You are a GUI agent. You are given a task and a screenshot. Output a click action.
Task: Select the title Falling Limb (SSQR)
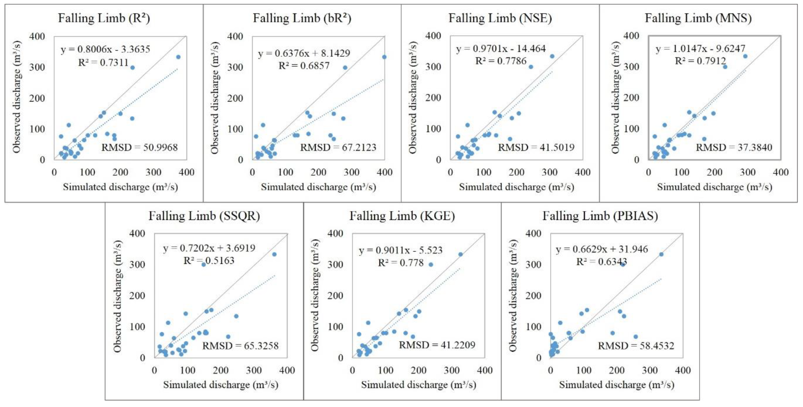[x=204, y=216]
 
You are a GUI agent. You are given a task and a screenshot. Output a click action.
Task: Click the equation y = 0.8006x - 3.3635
[x=105, y=49]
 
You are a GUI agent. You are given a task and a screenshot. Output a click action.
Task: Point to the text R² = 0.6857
[x=304, y=66]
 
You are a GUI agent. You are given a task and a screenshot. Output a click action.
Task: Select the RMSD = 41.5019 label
[x=536, y=147]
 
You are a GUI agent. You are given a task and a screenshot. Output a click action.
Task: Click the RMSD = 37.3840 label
[x=734, y=147]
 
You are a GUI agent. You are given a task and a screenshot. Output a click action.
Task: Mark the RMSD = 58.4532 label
[x=636, y=346]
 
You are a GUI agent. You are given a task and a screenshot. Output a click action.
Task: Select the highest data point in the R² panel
[x=178, y=57]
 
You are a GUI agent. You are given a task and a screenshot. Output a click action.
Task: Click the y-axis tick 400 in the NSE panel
[x=433, y=36]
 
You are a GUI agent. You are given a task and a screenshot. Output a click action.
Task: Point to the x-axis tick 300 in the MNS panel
[x=747, y=172]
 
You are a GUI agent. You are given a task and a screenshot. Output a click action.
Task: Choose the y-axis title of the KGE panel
[x=315, y=295]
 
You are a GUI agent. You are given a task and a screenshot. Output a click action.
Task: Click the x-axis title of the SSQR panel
[x=221, y=385]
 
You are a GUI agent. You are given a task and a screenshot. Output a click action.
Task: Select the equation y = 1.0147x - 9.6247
[x=700, y=49]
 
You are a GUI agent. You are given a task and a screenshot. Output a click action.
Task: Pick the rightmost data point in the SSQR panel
[x=274, y=254]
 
